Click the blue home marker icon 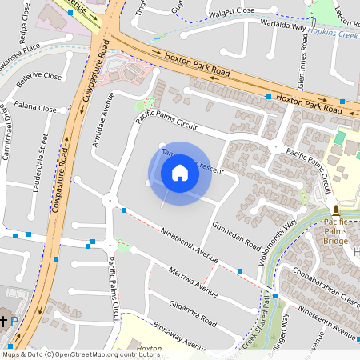pyautogui.click(x=180, y=173)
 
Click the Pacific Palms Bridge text pyautogui.click(x=340, y=231)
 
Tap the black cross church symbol pyautogui.click(x=4, y=321)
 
